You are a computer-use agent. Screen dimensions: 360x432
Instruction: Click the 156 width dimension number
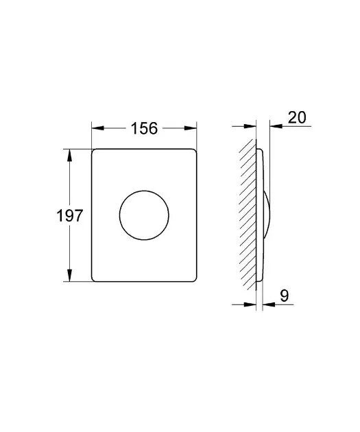[144, 128]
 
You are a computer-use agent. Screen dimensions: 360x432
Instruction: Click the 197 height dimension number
[69, 215]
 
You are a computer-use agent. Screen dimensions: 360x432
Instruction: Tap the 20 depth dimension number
[297, 117]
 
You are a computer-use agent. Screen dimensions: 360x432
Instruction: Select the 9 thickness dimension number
[285, 296]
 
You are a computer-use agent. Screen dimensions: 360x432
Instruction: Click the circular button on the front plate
[144, 191]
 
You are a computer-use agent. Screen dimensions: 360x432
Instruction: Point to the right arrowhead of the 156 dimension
[191, 128]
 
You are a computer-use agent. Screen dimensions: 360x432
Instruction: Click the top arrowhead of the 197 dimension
[69, 156]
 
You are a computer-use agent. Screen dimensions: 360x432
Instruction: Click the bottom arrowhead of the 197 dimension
[69, 275]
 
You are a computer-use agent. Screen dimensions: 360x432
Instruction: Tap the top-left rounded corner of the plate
[93, 151]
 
